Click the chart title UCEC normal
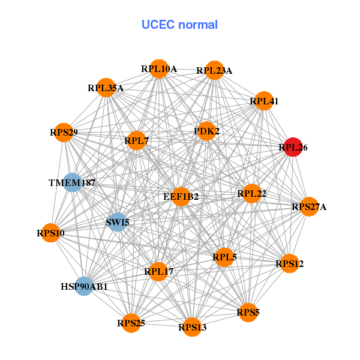point(179,25)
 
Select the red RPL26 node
point(292,147)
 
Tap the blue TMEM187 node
point(72,182)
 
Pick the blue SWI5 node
point(118,223)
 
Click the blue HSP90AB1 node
point(85,286)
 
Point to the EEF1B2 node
point(181,196)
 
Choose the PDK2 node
point(206,131)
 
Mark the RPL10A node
point(159,69)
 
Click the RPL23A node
point(214,71)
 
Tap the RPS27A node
point(309,207)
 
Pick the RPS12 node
point(290,263)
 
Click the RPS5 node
point(248,312)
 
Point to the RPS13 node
point(192,327)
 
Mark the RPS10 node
point(50,232)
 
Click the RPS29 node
point(64,132)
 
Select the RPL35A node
point(106,88)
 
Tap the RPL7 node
point(137,141)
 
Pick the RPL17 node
point(158,272)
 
